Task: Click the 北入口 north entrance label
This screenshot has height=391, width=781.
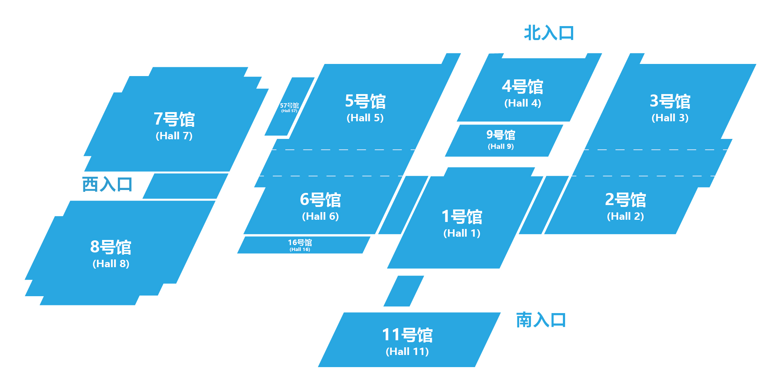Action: coord(549,33)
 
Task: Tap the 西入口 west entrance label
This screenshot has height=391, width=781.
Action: coord(107,184)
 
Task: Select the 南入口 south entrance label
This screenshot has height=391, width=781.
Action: coord(541,320)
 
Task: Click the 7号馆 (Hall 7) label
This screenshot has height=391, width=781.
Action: coord(174,125)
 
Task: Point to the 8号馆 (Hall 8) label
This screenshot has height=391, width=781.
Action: coord(111,253)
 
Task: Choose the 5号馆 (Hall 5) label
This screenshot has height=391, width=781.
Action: coord(365,107)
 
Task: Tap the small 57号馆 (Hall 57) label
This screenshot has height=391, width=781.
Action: coord(289,107)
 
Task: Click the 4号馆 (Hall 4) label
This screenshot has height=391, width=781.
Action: coord(523,93)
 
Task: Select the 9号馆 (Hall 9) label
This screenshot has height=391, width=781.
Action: coord(501,139)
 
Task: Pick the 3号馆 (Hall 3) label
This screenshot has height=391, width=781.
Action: coord(670,107)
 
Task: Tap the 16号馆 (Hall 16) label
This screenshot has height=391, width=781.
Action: coord(300,245)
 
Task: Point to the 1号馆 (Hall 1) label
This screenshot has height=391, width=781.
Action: coord(462,223)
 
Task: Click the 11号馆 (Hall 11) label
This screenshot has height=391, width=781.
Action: coord(407,341)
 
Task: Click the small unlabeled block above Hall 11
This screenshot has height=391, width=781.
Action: coord(404,291)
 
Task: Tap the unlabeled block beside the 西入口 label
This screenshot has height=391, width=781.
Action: coord(185,186)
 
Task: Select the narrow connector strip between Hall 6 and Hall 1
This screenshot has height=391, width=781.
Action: coord(403,205)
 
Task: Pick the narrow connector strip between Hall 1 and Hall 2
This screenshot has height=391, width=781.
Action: coord(544,205)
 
